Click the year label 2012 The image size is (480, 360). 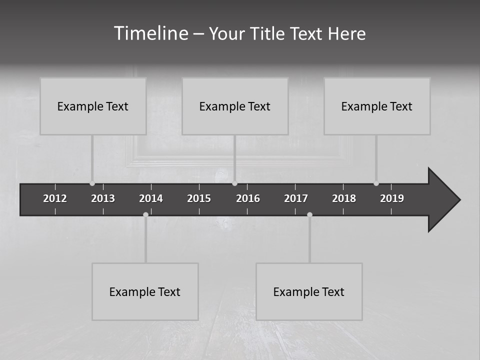tap(55, 198)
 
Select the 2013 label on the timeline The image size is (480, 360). tap(103, 198)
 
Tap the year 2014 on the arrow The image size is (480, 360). tap(151, 198)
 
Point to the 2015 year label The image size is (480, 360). tap(199, 198)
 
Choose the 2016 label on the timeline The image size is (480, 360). tap(248, 198)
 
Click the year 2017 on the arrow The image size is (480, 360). tap(296, 198)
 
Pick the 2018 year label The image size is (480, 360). tap(344, 198)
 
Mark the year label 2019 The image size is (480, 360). tap(392, 198)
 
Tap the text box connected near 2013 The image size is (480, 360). tap(93, 106)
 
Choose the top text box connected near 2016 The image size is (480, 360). tap(235, 106)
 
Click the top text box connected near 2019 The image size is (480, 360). tap(377, 106)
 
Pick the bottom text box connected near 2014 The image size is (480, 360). tap(145, 291)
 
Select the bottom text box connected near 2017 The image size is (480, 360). tap(309, 291)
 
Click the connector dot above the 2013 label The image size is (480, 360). tap(92, 183)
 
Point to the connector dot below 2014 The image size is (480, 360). tap(145, 215)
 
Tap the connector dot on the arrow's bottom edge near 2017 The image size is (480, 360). tap(309, 215)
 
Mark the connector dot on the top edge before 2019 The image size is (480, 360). tap(376, 183)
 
